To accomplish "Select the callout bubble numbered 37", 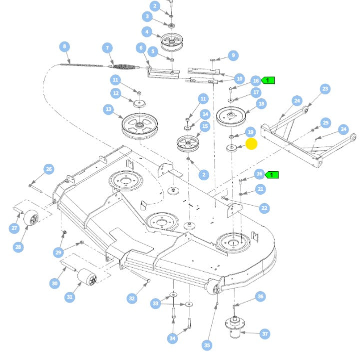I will tap(265, 334).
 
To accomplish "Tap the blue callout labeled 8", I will tap(64, 47).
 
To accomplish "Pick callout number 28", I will tap(18, 247).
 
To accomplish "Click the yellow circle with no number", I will tap(252, 144).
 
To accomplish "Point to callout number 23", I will tap(325, 89).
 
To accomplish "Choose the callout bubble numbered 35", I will tap(207, 345).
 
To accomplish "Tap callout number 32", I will tap(132, 298).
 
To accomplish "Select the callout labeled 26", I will tap(48, 170).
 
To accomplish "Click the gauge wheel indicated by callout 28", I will tap(31, 219).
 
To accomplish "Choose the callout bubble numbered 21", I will tap(260, 189).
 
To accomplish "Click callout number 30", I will tap(55, 284).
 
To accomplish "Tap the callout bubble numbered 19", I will tap(251, 132).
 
